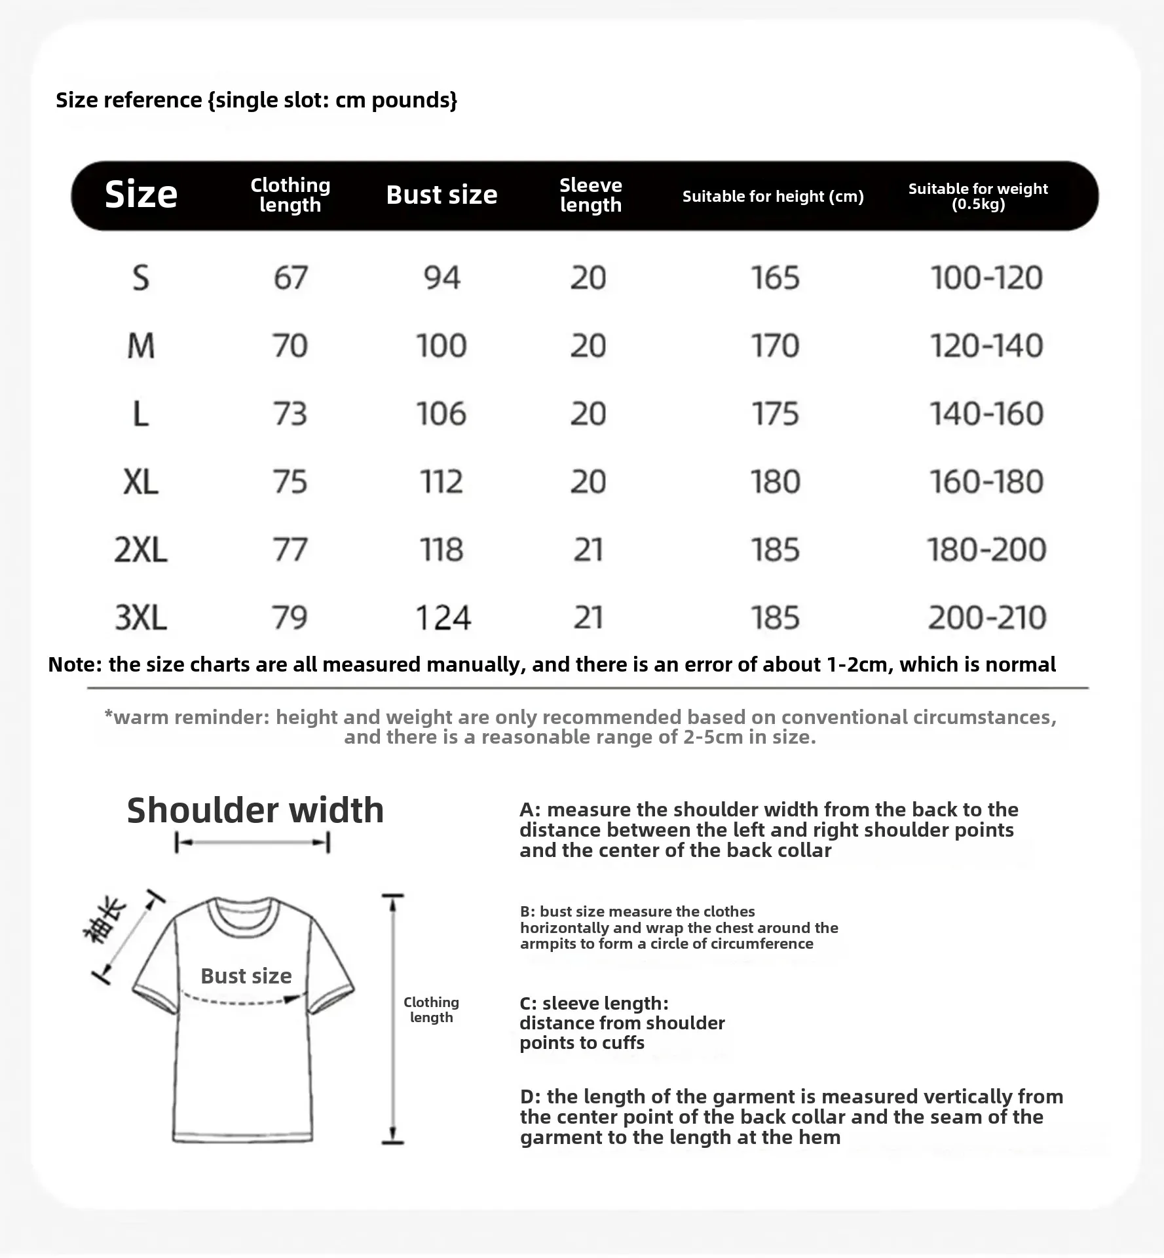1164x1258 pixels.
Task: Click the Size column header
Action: (141, 195)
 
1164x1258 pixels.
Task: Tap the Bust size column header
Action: (441, 195)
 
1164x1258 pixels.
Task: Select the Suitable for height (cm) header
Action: (773, 197)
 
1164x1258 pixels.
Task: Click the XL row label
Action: (141, 482)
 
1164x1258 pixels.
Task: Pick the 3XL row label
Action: (141, 618)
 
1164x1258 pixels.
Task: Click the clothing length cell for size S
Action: (290, 278)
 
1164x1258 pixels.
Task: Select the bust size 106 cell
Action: (441, 414)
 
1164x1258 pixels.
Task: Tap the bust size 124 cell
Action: (443, 618)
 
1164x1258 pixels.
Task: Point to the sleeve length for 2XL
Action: (588, 550)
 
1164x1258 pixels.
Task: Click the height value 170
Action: (775, 346)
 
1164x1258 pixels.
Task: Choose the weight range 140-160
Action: (986, 414)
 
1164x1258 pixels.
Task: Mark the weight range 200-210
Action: (986, 618)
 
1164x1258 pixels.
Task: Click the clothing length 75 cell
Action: (290, 482)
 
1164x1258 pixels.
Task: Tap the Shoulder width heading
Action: (255, 810)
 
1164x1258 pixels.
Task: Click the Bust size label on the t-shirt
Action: (246, 976)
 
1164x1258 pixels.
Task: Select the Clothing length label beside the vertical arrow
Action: (431, 1010)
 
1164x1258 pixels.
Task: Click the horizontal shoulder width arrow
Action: (252, 843)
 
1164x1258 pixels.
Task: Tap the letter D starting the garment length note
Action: (527, 1097)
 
